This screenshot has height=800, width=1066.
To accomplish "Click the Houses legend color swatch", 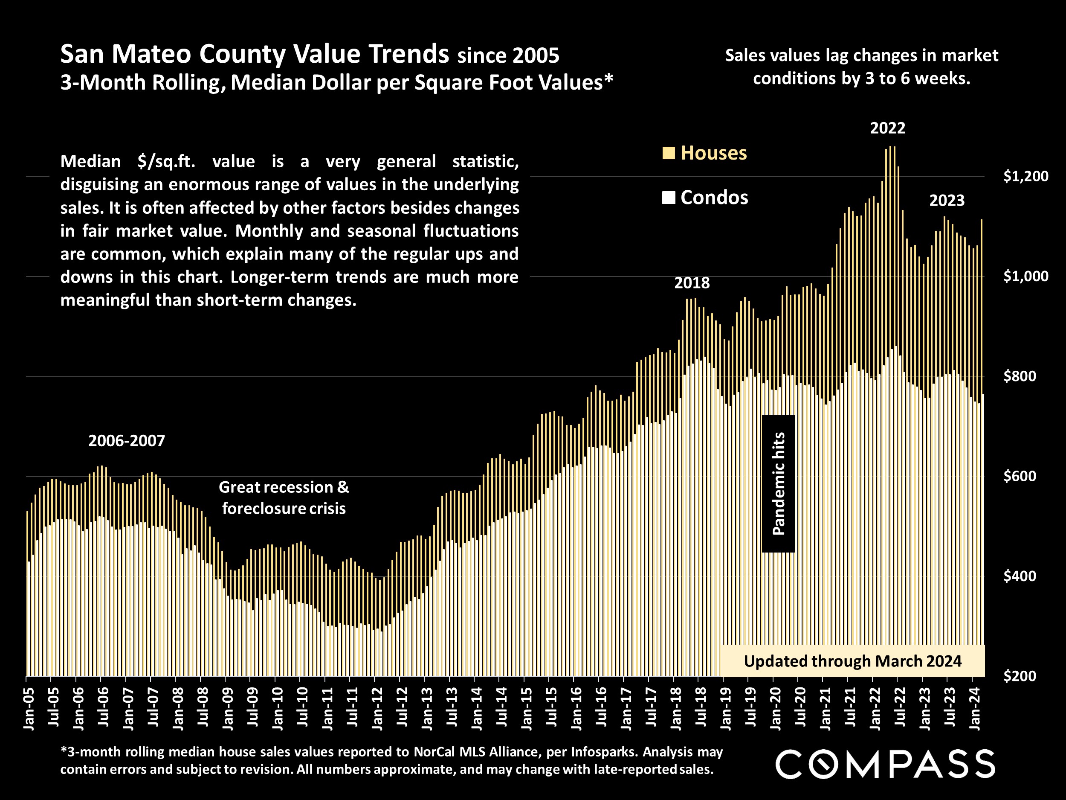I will pyautogui.click(x=669, y=153).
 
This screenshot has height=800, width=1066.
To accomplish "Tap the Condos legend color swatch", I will pyautogui.click(x=669, y=198).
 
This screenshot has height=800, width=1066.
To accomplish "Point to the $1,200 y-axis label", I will pyautogui.click(x=1025, y=177).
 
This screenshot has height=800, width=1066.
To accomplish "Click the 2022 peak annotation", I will pyautogui.click(x=888, y=128).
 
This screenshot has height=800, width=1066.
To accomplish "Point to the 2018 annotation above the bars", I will pyautogui.click(x=692, y=283).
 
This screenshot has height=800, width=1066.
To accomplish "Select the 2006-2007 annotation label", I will pyautogui.click(x=127, y=441).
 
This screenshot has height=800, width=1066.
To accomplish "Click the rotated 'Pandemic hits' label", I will pyautogui.click(x=778, y=484).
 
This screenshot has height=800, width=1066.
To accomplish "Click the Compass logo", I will pyautogui.click(x=885, y=764).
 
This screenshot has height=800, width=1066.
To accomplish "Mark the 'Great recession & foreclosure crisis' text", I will pyautogui.click(x=284, y=497).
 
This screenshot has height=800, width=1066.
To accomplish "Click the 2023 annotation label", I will pyautogui.click(x=947, y=201).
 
